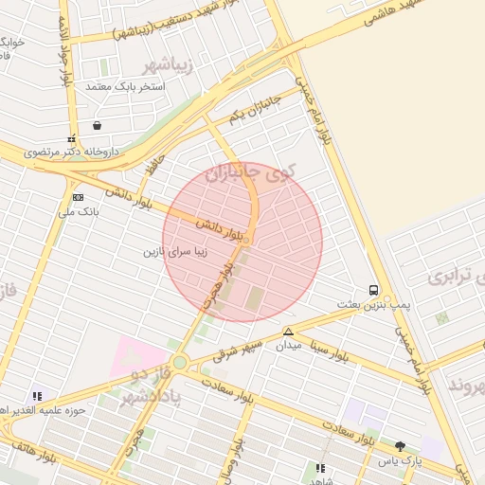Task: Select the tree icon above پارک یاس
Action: point(401,446)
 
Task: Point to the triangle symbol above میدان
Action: point(288,332)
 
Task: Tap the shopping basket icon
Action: point(97,125)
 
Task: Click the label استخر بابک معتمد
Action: point(125,86)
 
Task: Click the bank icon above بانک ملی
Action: point(77,196)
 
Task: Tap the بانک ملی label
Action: point(79,212)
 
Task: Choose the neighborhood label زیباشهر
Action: point(168,65)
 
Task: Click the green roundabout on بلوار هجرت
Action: point(180,362)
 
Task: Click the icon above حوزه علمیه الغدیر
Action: point(37,396)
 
